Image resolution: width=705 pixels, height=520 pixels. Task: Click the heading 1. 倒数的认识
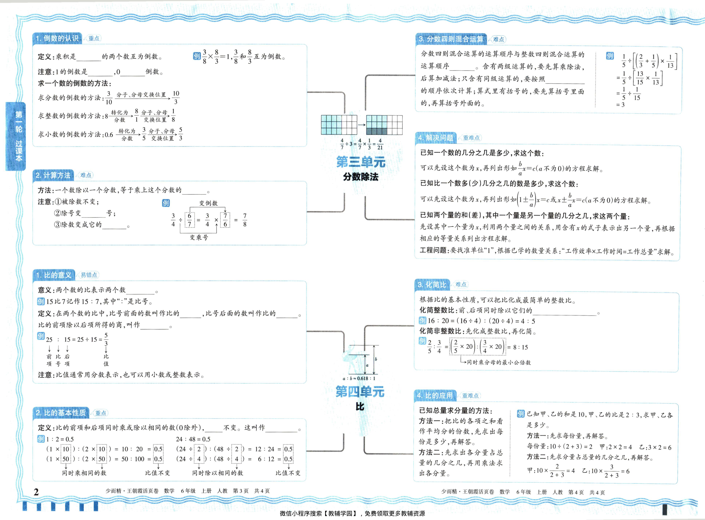(x=57, y=38)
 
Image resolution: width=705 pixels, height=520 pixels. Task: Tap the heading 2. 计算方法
(x=53, y=175)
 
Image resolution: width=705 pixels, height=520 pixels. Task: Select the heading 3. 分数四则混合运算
(x=451, y=39)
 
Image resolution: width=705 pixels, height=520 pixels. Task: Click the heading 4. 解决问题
(x=436, y=138)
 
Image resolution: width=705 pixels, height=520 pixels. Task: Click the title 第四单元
(x=360, y=392)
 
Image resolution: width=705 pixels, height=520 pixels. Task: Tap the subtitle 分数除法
(x=360, y=177)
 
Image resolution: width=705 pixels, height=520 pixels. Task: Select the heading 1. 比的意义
(x=54, y=275)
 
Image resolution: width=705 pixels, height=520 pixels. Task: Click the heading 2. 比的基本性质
(x=61, y=413)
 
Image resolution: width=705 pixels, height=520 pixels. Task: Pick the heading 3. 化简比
(x=432, y=285)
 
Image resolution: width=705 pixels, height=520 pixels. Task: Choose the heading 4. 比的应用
(x=435, y=396)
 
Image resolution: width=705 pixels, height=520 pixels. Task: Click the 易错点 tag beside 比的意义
(x=89, y=275)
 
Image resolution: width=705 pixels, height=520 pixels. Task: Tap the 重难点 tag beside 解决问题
(x=471, y=138)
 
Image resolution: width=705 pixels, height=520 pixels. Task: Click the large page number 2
(x=36, y=492)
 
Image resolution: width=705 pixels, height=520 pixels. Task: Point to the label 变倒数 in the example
(x=208, y=203)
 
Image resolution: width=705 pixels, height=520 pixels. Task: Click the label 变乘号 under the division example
(x=199, y=238)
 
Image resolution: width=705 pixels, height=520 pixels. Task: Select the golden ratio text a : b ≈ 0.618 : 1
(x=359, y=378)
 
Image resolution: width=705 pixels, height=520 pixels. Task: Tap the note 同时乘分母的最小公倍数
(x=499, y=362)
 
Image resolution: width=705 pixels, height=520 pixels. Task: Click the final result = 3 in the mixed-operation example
(x=620, y=105)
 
